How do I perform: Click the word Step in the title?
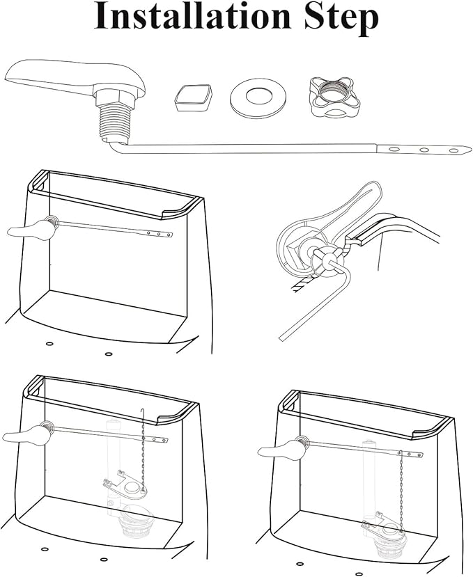341,18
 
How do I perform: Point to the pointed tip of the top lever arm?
471,149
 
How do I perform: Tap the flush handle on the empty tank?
30,230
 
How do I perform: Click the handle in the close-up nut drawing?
343,210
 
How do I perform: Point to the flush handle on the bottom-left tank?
26,436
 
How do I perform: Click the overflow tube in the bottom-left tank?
111,464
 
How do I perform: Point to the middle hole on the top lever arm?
424,150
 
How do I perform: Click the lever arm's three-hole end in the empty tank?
158,233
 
